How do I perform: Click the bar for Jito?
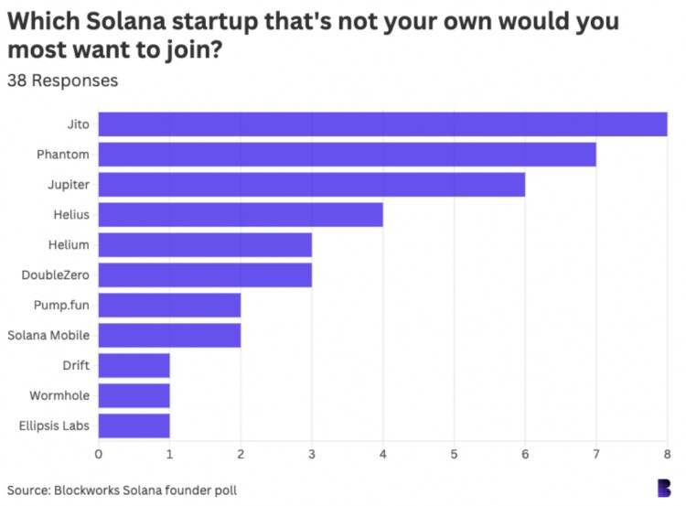(382, 124)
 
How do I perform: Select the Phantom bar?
(347, 155)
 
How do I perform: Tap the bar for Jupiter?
(311, 185)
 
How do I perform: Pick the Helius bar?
(241, 215)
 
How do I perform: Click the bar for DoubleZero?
(205, 275)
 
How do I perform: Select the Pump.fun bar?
(169, 305)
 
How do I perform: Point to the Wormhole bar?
(134, 395)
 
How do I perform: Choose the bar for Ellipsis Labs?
(134, 425)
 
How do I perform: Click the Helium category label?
(70, 245)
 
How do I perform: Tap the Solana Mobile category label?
(48, 335)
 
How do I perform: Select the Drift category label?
(75, 365)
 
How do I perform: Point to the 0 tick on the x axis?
(99, 453)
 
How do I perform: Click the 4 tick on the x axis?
(383, 453)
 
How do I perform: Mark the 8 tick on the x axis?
(667, 453)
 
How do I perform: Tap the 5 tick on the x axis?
(454, 453)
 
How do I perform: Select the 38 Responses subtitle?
(62, 81)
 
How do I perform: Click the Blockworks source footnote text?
(122, 490)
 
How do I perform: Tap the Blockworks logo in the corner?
(664, 488)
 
